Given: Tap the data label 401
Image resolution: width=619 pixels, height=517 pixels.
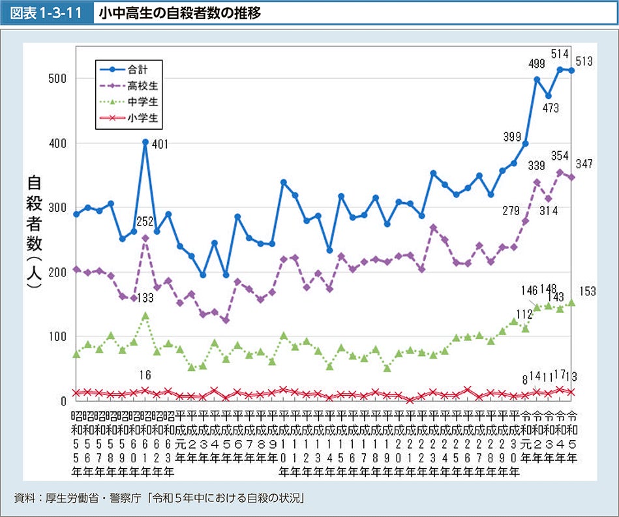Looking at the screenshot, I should pos(160,145).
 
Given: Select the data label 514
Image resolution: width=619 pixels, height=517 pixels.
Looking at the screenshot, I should pos(560,54).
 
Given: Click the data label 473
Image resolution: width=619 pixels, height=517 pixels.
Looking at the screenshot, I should pos(551,108).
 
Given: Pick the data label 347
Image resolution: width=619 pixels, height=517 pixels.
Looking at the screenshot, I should pos(584,164).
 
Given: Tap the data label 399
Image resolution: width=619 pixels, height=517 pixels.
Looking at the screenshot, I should pos(512,136).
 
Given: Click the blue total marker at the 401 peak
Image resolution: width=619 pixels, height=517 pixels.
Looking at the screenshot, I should pos(145,142).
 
